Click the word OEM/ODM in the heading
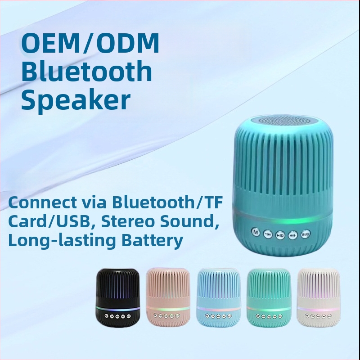90,44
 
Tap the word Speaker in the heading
76,100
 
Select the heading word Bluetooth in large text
87,72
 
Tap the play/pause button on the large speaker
280,234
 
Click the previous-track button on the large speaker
267,234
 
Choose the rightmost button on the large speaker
306,233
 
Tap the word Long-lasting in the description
60,241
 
